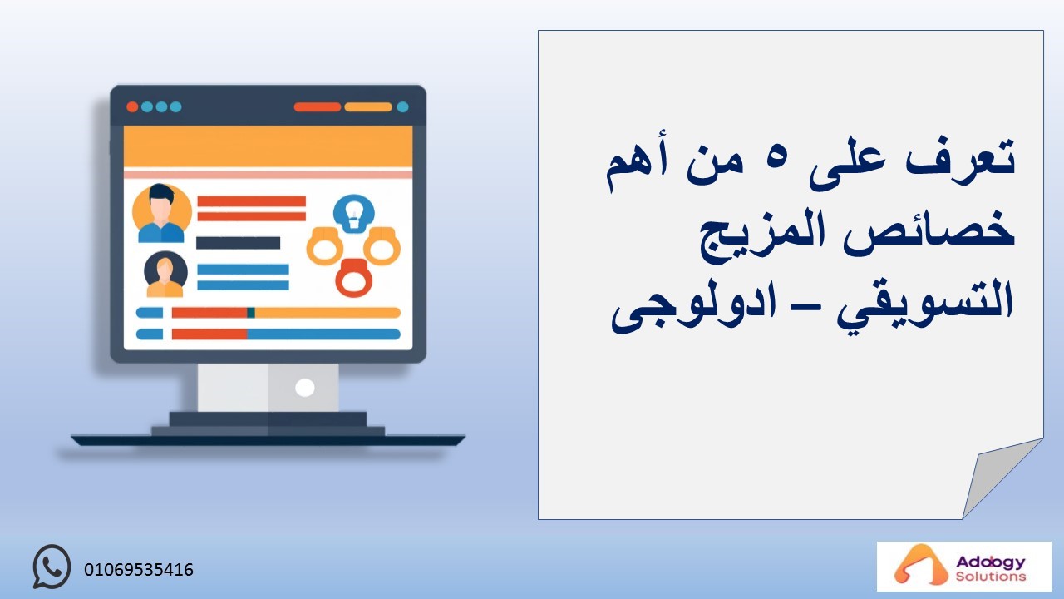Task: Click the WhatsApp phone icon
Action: (52, 567)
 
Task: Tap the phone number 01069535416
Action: (139, 570)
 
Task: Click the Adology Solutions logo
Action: (963, 567)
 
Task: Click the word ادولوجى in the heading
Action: (693, 308)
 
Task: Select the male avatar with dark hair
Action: (161, 214)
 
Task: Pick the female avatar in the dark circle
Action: (165, 275)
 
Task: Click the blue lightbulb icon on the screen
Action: (353, 214)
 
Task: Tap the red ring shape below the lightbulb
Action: (353, 279)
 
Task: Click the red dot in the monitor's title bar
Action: (132, 107)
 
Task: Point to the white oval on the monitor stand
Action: (304, 388)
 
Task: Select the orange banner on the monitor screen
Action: (268, 146)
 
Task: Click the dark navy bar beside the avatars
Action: (238, 243)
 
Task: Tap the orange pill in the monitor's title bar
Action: (368, 107)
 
